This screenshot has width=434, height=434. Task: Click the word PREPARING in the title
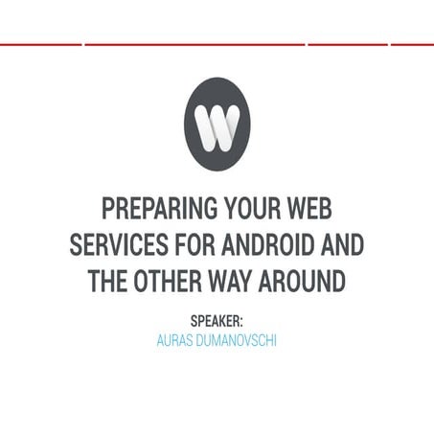tap(150, 209)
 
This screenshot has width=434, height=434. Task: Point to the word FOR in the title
tap(194, 245)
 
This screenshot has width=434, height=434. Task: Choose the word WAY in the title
tap(235, 282)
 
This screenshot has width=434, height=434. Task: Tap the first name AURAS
tap(177, 340)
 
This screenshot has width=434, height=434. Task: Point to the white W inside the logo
tap(217, 124)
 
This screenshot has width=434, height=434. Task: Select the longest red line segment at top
tap(194, 44)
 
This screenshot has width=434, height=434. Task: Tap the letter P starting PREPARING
tap(106, 209)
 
